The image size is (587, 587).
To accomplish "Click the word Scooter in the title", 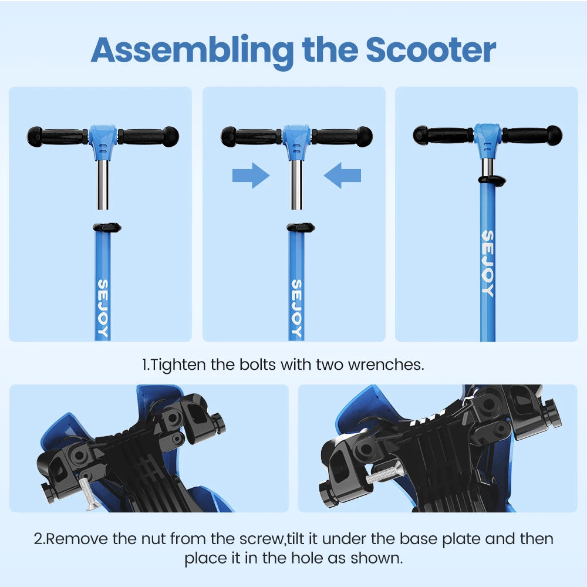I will (x=431, y=50).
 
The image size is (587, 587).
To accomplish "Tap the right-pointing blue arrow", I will (x=251, y=176).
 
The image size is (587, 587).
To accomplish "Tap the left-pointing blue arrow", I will (x=342, y=176).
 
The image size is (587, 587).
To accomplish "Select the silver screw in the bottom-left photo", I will (x=89, y=492).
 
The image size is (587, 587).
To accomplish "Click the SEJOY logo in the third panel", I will (x=488, y=262).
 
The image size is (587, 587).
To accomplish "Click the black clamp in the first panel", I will (x=106, y=227).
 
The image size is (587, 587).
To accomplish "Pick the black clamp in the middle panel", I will (x=300, y=227).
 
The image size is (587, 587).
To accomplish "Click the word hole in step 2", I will (x=301, y=558).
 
